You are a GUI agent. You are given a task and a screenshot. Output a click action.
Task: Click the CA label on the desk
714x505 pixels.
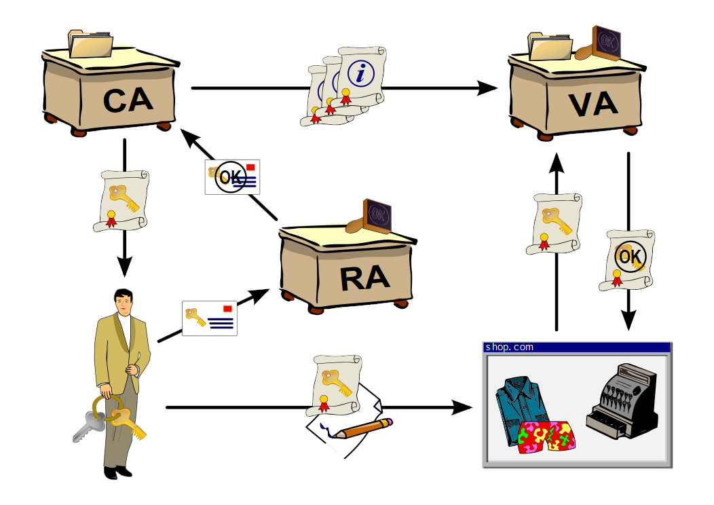click(128, 100)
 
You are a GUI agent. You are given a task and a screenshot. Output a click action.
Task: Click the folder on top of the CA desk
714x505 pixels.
click(91, 45)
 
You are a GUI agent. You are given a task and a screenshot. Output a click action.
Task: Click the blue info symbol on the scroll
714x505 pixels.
click(360, 72)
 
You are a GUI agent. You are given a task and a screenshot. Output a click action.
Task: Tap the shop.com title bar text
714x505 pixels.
click(509, 347)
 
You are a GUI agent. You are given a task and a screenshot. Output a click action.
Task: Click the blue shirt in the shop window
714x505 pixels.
click(523, 407)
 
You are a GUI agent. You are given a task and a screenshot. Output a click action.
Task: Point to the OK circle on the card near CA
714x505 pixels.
click(230, 178)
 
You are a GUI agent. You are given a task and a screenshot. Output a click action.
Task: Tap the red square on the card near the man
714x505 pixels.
click(227, 309)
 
